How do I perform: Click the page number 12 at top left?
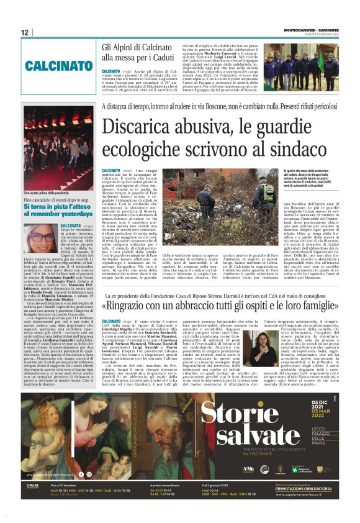[25, 32]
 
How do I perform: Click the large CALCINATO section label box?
[55, 65]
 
